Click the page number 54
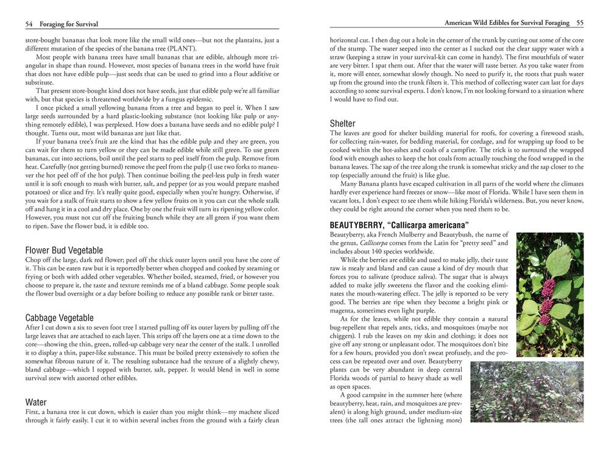(29, 24)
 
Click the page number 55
(580, 23)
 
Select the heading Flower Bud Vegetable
(64, 250)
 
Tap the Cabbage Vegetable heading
(60, 317)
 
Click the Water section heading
(37, 402)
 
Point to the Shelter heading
(342, 123)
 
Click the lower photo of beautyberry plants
(528, 392)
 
